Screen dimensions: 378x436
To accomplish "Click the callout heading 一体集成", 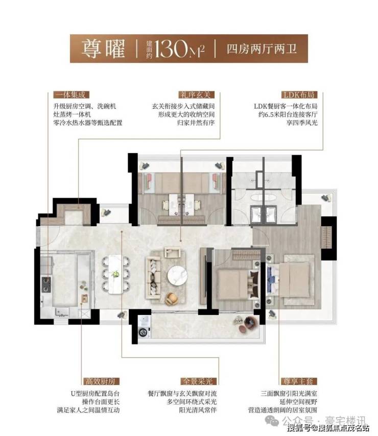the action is (x=71, y=95).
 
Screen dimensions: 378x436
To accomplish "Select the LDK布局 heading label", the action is (x=299, y=95).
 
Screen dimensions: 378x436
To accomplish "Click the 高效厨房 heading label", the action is (x=100, y=381).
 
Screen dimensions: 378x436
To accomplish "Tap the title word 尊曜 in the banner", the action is (x=103, y=49).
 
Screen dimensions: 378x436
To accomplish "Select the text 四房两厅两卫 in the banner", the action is (x=262, y=49).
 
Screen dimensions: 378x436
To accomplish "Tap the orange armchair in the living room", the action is (x=172, y=299).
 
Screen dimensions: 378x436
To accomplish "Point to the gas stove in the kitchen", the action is (x=46, y=284).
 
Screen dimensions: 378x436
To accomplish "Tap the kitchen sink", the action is (x=62, y=312).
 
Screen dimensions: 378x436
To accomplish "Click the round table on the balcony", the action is (x=250, y=323).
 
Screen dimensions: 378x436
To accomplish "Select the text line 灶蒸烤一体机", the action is (x=72, y=114).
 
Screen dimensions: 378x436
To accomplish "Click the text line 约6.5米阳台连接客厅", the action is (x=288, y=114).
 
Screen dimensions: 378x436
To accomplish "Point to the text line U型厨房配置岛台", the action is (x=95, y=394).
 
